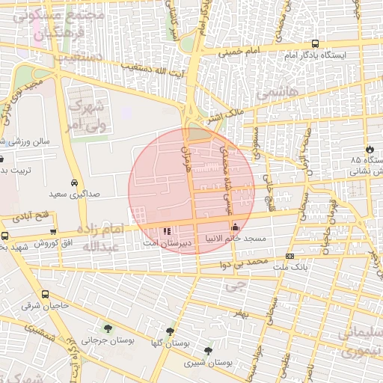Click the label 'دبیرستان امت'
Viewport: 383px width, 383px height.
tap(169, 243)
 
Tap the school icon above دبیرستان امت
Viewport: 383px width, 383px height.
tap(166, 231)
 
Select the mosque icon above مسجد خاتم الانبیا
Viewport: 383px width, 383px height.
tap(236, 227)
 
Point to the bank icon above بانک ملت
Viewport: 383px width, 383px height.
tap(290, 256)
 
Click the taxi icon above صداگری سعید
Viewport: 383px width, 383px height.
tap(74, 183)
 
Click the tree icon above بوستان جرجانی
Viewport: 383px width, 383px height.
tap(108, 328)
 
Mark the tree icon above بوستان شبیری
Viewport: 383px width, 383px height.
tap(208, 350)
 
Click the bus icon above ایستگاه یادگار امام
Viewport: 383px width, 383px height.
tap(315, 44)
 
